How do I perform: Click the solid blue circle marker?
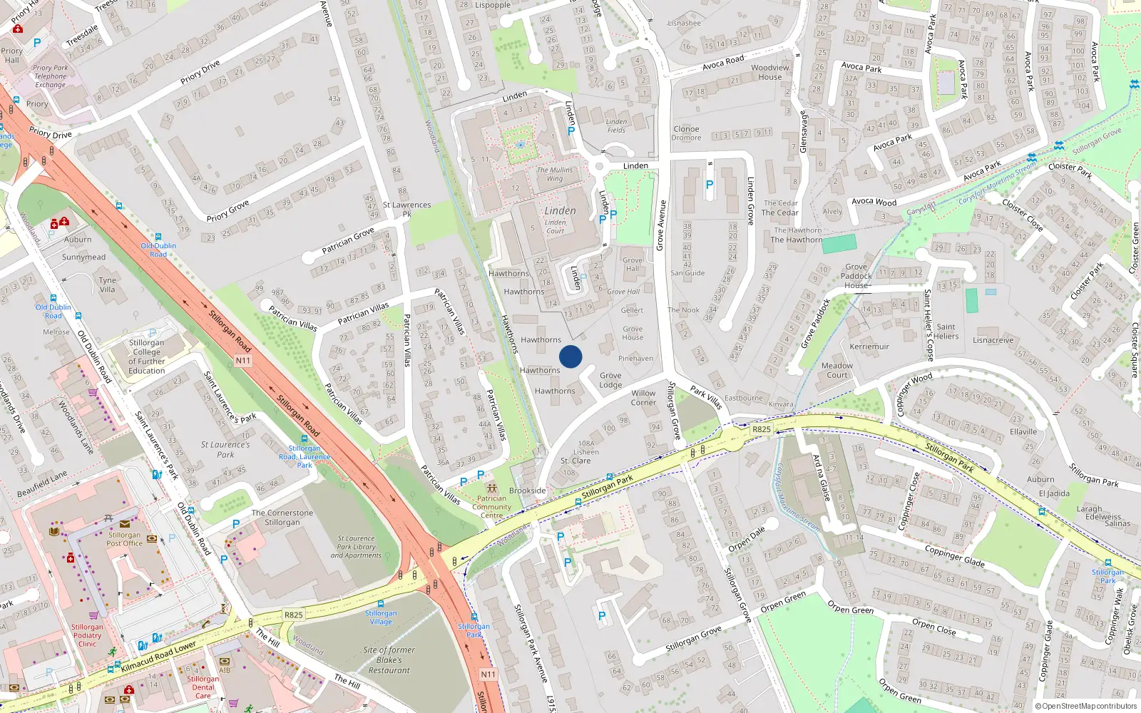570,356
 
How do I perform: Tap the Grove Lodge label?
610,380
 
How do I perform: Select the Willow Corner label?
643,398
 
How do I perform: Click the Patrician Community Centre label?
491,507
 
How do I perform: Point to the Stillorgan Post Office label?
125,539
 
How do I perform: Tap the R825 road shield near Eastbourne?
762,429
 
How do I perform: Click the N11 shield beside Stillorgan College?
243,361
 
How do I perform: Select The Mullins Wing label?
555,174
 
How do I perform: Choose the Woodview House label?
770,72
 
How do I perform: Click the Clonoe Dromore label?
686,133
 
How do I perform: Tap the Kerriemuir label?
869,347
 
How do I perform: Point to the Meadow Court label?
837,370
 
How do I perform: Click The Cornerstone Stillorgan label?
282,518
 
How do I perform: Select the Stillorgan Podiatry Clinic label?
87,635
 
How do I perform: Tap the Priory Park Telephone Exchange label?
51,76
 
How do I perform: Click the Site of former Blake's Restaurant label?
389,660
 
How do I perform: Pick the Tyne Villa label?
108,284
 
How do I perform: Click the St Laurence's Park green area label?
225,449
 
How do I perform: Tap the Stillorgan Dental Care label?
203,687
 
